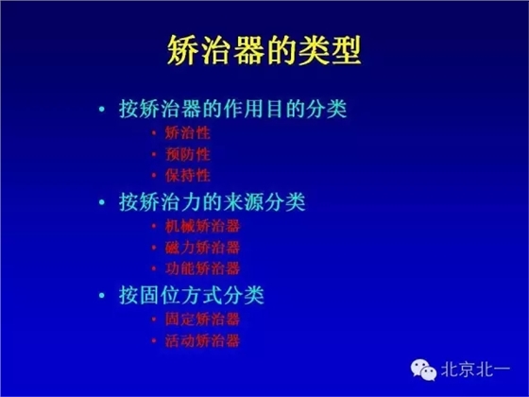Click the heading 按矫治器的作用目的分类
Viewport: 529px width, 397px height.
[233, 108]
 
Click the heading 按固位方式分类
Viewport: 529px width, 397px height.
[192, 295]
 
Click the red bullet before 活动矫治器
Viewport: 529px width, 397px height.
[154, 340]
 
